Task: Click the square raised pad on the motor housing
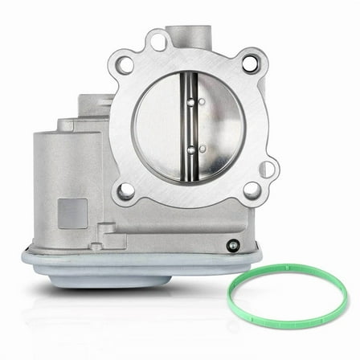72,213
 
